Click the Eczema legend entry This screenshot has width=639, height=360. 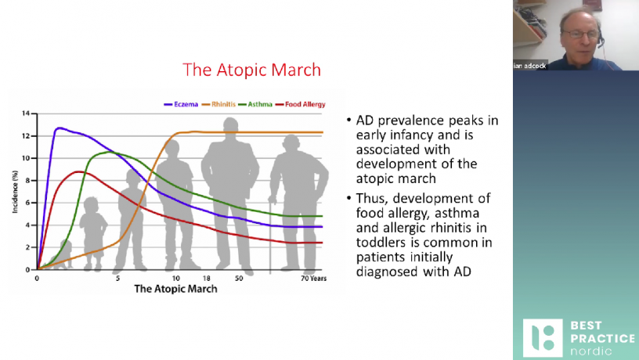(181, 104)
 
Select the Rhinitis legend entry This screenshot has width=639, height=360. (218, 104)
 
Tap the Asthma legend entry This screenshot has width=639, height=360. (255, 104)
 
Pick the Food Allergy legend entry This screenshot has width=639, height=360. (301, 104)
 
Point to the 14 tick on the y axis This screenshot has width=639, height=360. (26, 113)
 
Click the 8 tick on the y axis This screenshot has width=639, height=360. (27, 181)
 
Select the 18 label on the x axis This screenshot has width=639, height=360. (207, 279)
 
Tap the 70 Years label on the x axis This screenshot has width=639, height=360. (313, 279)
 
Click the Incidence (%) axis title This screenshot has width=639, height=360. (15, 192)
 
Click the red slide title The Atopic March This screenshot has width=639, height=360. (252, 70)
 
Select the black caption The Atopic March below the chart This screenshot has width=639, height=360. (175, 289)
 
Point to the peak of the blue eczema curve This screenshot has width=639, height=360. (60, 128)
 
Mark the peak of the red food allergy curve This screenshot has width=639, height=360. (79, 172)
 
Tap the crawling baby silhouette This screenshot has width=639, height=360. (60, 256)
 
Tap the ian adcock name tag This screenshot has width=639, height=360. (530, 66)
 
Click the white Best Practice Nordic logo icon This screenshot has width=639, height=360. (543, 338)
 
